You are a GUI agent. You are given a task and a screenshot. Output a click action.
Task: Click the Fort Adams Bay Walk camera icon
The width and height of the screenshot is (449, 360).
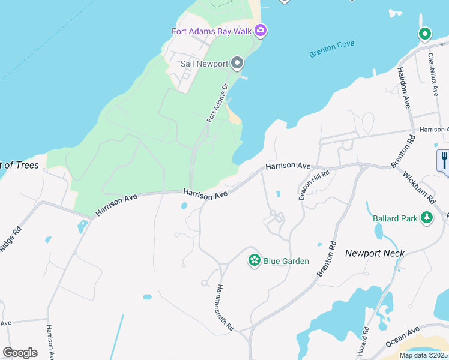pos(261,29)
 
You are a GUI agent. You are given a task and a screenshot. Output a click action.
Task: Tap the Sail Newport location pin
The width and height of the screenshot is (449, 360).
pos(237,63)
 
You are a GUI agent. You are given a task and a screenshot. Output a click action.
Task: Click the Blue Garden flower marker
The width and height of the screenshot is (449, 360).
pos(255,260)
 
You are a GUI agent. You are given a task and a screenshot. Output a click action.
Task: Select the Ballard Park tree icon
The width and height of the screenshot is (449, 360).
pos(427,218)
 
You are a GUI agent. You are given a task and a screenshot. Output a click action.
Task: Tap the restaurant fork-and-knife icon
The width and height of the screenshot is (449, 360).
pos(444,161)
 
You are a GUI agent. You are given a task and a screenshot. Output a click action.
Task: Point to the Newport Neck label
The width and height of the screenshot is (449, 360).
pos(375,253)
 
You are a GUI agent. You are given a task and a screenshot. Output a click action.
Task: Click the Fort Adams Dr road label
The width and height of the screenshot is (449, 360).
pos(217,103)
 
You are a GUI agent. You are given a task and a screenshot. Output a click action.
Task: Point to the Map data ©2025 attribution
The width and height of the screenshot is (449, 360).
pos(424,355)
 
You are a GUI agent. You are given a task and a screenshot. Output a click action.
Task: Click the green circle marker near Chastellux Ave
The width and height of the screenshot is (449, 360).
pos(425,34)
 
